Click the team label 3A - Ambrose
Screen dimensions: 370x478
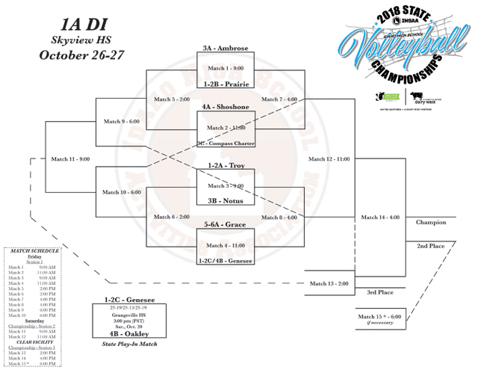(225, 49)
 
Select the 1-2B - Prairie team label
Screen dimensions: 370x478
(225, 84)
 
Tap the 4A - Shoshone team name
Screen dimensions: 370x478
(225, 107)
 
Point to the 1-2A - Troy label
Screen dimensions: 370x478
(226, 165)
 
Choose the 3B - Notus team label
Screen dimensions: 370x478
(225, 200)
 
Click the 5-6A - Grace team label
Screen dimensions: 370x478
(225, 223)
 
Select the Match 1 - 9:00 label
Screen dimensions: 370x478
(226, 69)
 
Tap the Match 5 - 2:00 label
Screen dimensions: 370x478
(172, 99)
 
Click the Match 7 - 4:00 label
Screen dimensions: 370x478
(279, 99)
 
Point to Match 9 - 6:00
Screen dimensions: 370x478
(121, 121)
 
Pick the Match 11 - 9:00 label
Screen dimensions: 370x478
(70, 158)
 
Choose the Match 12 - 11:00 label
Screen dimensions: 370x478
(329, 158)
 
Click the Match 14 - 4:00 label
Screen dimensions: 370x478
(379, 218)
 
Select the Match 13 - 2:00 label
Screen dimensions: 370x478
(329, 283)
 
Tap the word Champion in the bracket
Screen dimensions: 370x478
(431, 222)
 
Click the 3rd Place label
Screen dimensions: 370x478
(380, 292)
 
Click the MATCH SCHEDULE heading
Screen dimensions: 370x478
(35, 250)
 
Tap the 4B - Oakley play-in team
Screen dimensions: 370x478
(128, 333)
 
